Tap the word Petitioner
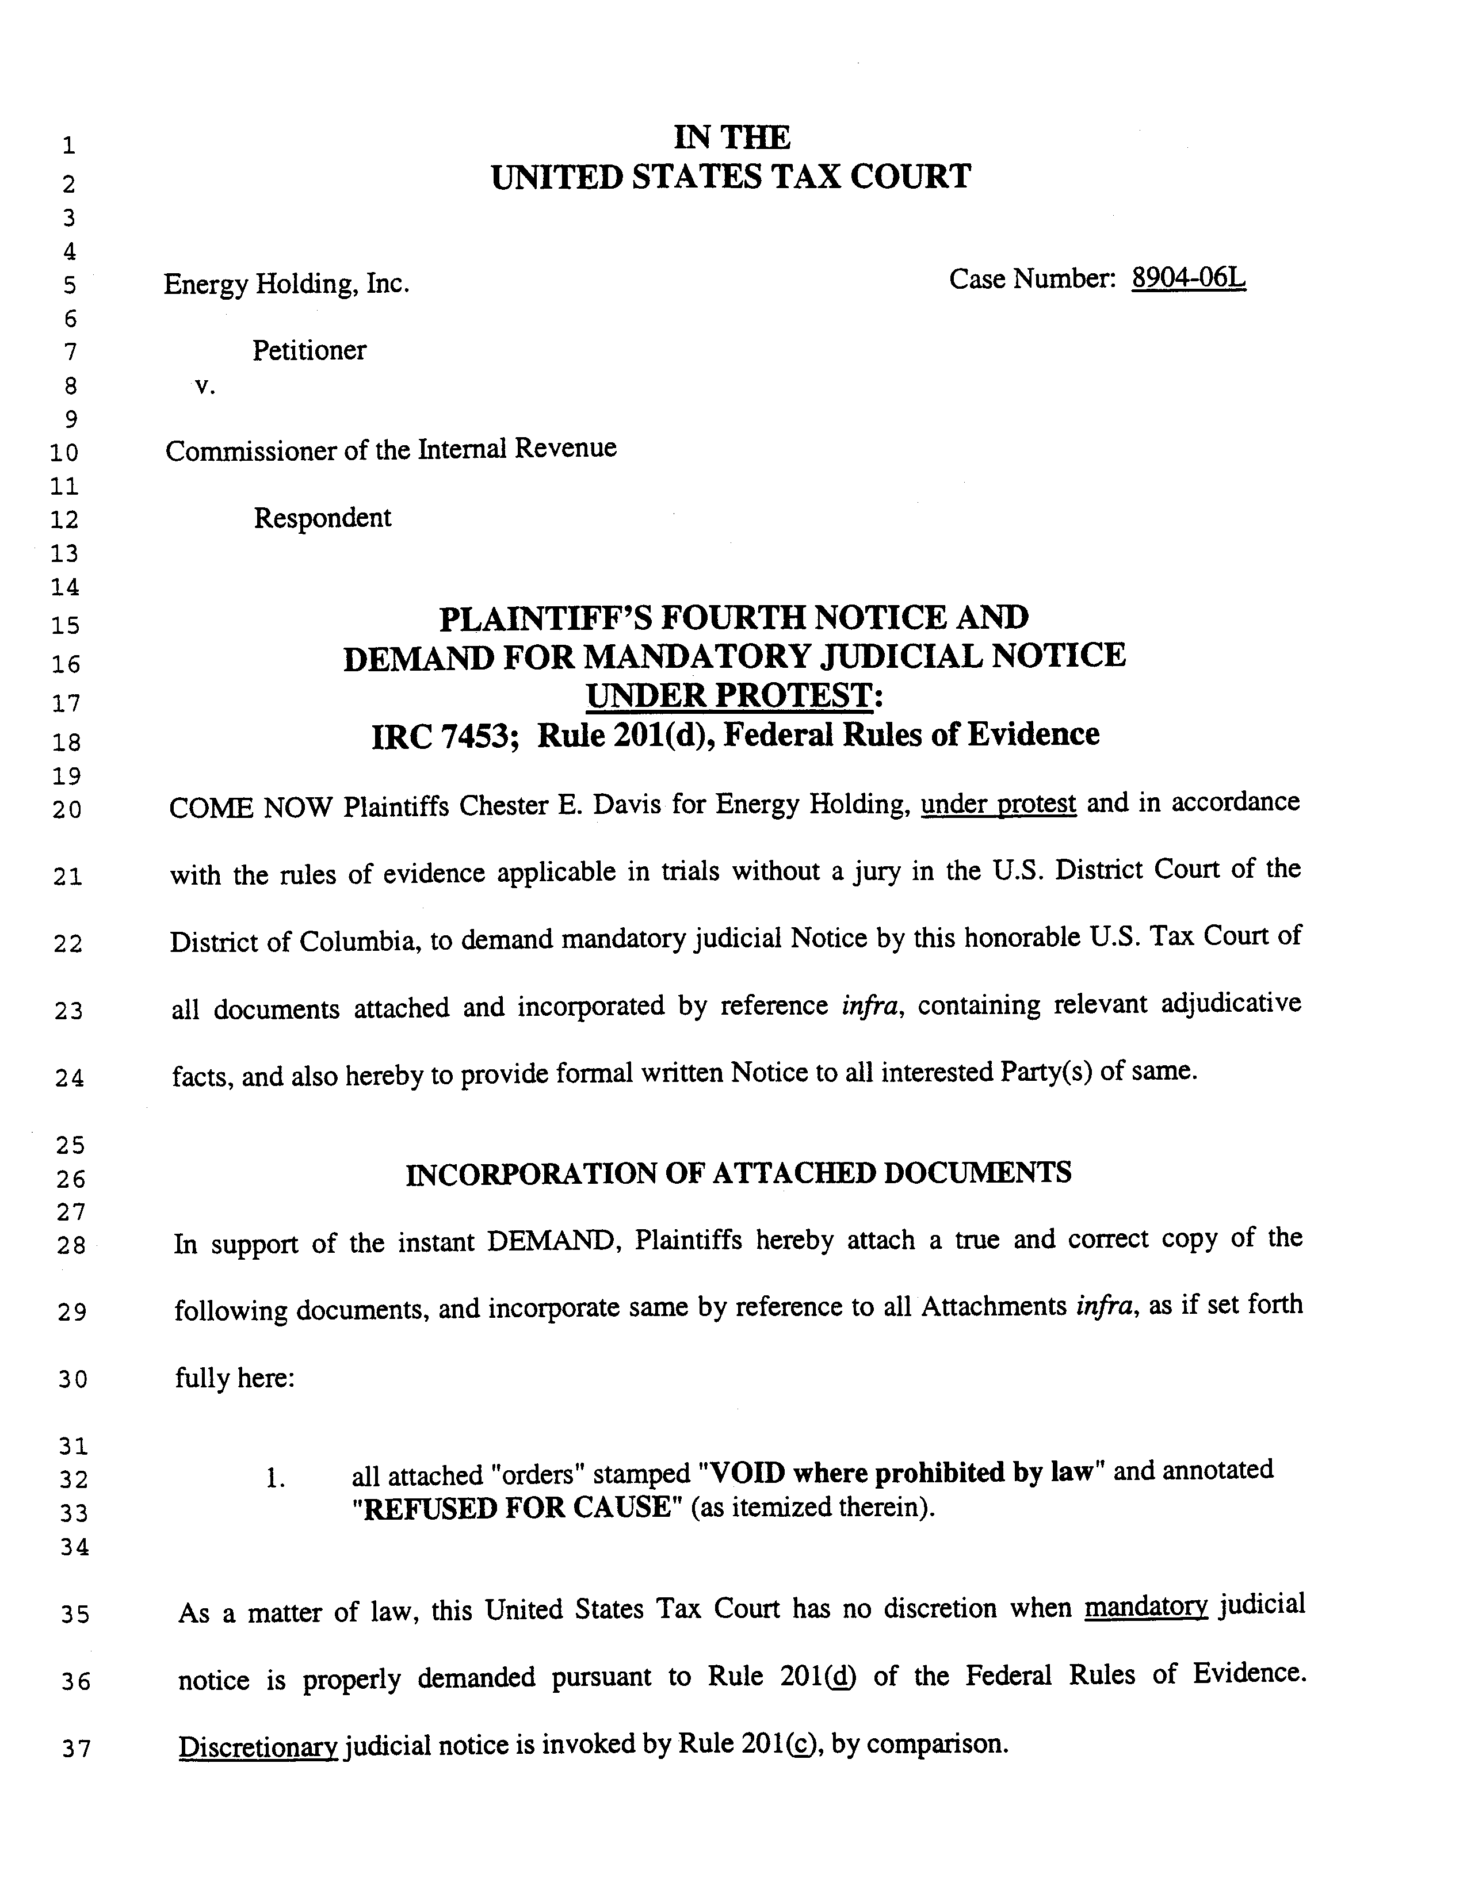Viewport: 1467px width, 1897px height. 309,350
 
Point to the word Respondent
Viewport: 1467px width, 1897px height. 322,518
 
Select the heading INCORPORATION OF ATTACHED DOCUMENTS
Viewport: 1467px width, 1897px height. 738,1173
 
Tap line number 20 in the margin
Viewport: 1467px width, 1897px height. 67,809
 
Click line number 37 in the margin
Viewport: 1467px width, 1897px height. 75,1749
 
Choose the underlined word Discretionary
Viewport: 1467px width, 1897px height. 258,1745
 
